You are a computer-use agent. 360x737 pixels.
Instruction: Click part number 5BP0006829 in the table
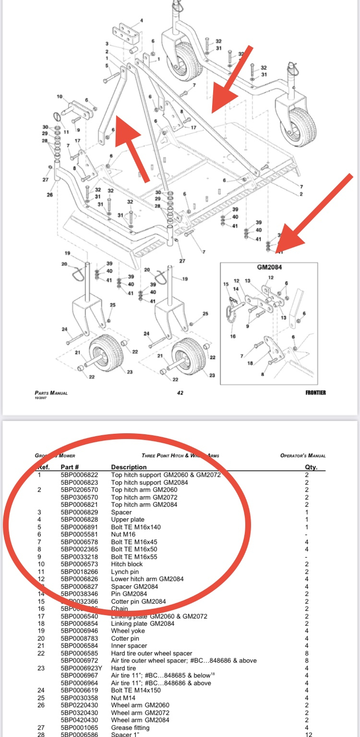click(x=79, y=512)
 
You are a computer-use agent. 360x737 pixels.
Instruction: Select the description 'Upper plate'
click(x=128, y=520)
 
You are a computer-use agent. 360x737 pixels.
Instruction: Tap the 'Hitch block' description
click(x=127, y=564)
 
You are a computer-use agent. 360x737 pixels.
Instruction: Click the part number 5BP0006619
click(x=79, y=690)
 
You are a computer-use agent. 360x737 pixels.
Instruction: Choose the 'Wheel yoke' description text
click(x=128, y=631)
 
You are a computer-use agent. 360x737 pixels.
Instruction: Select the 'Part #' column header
click(x=70, y=467)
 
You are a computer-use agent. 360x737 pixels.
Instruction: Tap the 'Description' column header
click(x=129, y=467)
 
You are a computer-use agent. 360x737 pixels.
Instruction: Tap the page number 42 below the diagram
click(x=180, y=393)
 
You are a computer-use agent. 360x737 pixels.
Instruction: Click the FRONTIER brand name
click(x=315, y=392)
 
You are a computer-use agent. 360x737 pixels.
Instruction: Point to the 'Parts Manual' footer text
click(x=51, y=392)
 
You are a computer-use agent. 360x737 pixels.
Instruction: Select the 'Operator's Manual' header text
click(x=303, y=455)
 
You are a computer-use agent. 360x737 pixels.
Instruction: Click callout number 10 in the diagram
click(x=60, y=96)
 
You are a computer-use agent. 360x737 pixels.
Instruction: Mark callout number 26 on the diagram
click(x=50, y=195)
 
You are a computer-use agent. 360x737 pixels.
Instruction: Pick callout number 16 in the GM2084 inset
click(x=233, y=336)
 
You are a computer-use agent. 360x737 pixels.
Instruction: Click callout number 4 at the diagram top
click(x=142, y=21)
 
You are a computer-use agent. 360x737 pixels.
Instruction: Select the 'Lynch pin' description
click(x=126, y=571)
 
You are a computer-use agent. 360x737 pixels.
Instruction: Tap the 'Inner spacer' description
click(x=129, y=646)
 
